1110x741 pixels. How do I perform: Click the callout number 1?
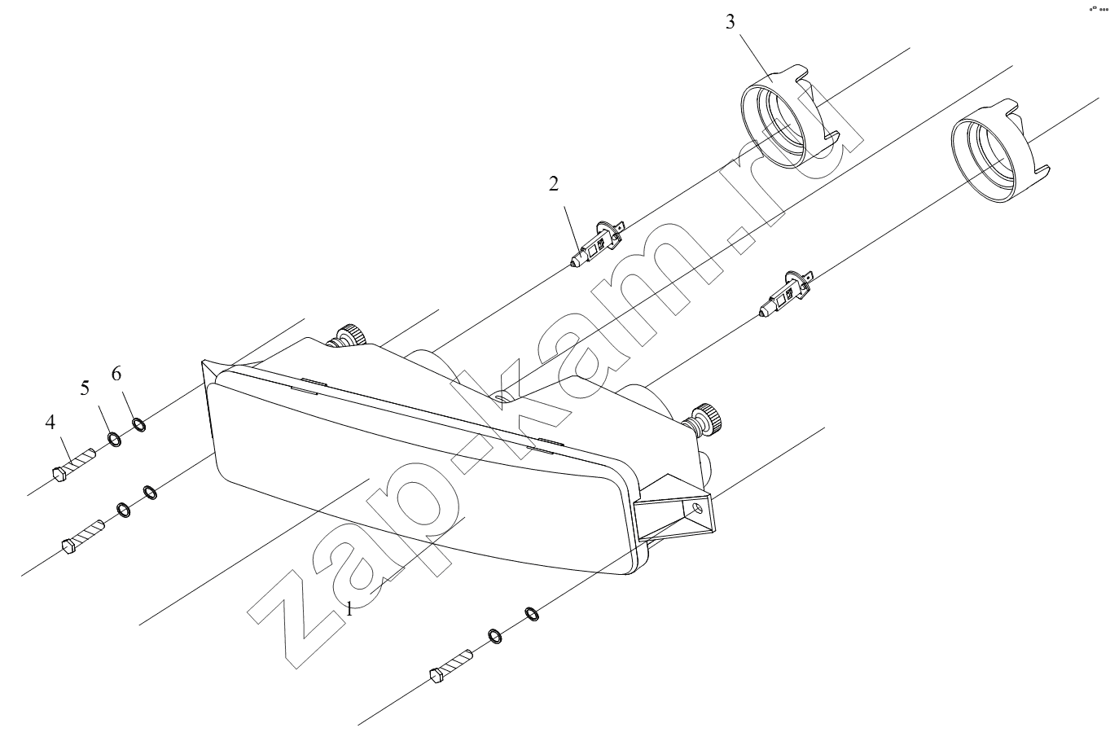coord(349,609)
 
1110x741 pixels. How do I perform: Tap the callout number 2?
coord(554,184)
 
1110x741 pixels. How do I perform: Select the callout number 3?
coord(730,22)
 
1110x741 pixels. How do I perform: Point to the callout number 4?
coord(50,422)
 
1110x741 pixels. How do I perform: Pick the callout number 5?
coord(85,388)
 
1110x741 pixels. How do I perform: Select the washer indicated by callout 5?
coord(114,440)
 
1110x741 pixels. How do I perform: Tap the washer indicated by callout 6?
coord(139,424)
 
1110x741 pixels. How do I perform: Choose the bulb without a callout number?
coord(786,294)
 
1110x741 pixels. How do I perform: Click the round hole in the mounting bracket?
coord(697,507)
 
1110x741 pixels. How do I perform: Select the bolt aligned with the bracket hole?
coord(451,667)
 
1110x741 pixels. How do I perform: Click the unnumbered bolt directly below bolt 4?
coord(83,537)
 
